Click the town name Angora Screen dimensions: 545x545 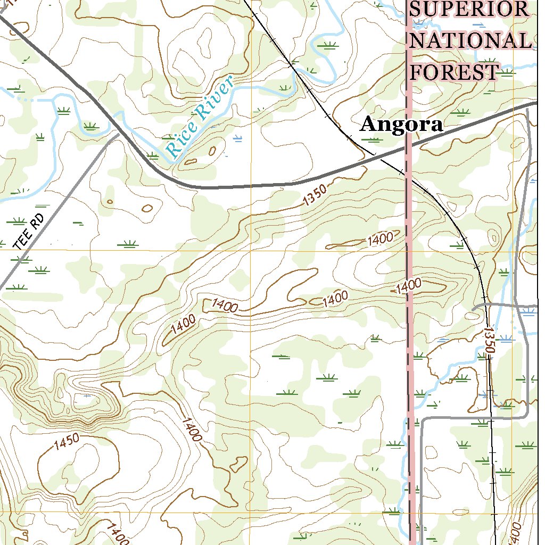401,125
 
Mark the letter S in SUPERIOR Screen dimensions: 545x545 417,10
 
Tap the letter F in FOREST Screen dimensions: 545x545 419,72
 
